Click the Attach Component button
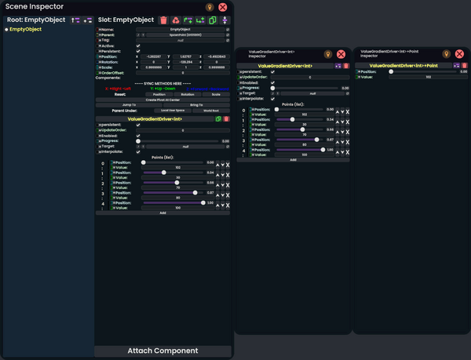tap(162, 351)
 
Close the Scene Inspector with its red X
tap(223, 7)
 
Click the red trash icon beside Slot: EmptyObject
tap(163, 20)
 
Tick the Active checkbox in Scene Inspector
tap(138, 45)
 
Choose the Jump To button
tap(130, 104)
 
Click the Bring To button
tap(196, 104)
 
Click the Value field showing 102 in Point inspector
tap(428, 77)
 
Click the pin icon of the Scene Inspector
tap(210, 7)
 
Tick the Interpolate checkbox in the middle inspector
tap(272, 99)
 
